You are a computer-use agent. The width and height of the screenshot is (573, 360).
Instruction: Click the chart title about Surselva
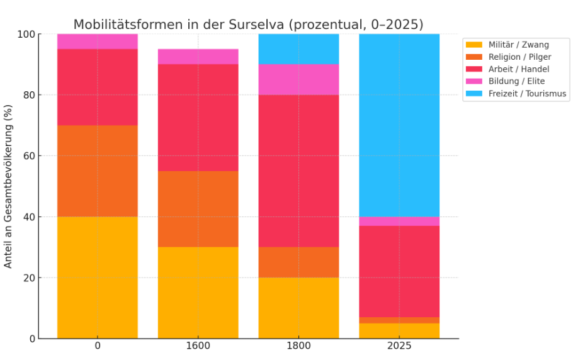click(248, 25)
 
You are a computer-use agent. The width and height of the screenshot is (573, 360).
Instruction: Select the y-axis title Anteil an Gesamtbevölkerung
click(8, 186)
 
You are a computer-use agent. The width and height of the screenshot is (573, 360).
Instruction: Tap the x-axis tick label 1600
click(198, 346)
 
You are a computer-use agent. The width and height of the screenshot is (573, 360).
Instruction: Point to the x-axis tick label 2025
click(399, 346)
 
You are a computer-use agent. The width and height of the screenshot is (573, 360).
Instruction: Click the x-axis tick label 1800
click(298, 346)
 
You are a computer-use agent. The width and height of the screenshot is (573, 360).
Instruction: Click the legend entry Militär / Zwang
click(518, 45)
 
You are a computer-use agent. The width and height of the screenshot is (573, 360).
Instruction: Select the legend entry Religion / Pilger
click(519, 57)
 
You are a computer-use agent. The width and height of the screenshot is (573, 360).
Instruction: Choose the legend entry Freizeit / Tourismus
click(527, 94)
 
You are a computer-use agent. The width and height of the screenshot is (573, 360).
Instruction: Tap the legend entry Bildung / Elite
click(516, 81)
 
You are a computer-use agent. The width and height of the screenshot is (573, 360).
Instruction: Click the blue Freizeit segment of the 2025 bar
click(399, 125)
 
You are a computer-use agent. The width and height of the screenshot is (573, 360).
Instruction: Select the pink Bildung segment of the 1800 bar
click(298, 79)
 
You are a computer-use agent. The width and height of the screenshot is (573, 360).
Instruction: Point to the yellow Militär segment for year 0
click(97, 278)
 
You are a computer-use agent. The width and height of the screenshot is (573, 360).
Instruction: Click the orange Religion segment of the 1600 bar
click(198, 209)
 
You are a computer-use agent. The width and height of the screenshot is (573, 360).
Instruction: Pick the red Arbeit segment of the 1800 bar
click(298, 171)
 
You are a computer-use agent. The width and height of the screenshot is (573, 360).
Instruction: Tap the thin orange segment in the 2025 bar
click(399, 320)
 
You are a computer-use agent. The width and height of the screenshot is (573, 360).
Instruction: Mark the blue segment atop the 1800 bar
click(298, 49)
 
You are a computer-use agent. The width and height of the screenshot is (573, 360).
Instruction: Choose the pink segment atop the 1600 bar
click(198, 57)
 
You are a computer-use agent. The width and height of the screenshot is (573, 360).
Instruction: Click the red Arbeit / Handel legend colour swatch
click(474, 69)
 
